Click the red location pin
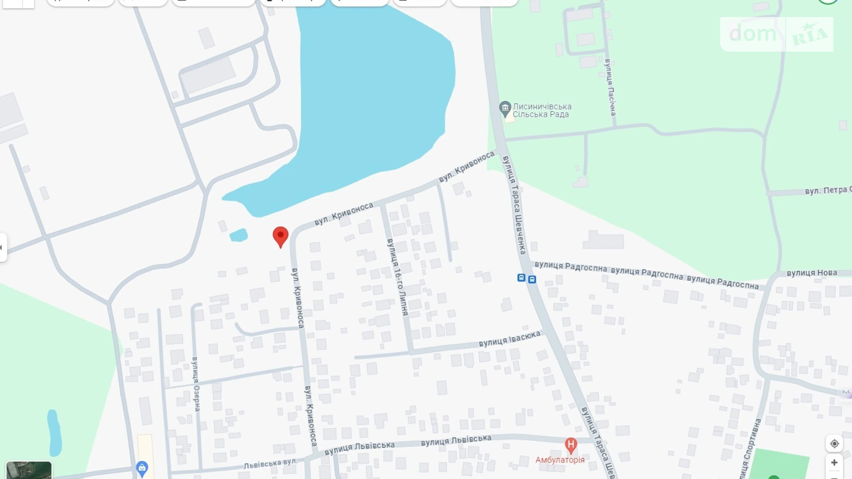pos(280,236)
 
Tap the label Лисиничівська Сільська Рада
pos(542,111)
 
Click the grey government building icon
pos(505,109)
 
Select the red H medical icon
pos(571,445)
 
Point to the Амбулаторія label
pos(560,460)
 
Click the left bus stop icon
pos(521,278)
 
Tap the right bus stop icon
pos(532,280)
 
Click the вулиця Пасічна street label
pos(611,88)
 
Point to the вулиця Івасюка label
pos(509,339)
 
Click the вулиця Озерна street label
pos(196,384)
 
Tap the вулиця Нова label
pos(811,273)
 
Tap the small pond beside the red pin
pos(239,235)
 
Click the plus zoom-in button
pos(834,462)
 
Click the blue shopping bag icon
pos(142,468)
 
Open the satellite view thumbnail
pos(29,470)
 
